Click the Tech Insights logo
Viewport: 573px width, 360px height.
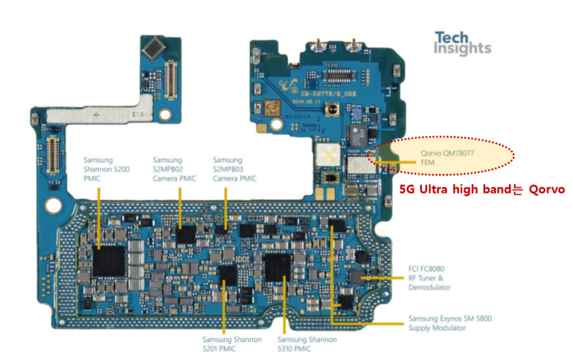[x=463, y=43]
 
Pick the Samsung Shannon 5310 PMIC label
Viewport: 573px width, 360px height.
[x=304, y=344]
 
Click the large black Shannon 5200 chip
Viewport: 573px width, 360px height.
[x=109, y=258]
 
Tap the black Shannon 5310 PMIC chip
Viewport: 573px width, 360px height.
[x=277, y=268]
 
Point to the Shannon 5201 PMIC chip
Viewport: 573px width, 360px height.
[x=228, y=273]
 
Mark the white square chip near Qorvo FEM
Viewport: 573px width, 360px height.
[x=329, y=155]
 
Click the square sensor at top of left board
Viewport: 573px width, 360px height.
[x=153, y=49]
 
